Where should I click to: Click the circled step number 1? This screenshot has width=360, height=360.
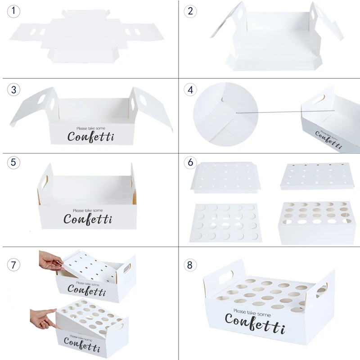pos(13,11)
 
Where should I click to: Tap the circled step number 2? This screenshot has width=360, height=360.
pos(190,11)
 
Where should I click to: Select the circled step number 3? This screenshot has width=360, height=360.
pos(13,90)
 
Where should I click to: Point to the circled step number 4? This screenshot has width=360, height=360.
pos(190,90)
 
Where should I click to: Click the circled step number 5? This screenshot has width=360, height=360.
pos(13,162)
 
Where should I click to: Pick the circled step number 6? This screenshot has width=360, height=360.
pos(190,162)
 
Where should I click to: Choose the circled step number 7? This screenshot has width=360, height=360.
pos(13,265)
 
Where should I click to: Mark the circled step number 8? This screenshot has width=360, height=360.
pos(190,265)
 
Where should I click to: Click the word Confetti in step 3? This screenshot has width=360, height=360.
pos(91,137)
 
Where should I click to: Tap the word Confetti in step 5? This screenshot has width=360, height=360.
pos(88,219)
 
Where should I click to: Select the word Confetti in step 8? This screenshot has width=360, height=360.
pos(255,323)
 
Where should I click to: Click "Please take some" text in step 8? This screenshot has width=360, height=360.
pos(252,313)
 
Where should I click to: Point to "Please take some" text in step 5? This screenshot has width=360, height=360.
pos(88,210)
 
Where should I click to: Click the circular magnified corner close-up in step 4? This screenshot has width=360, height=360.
pos(226,115)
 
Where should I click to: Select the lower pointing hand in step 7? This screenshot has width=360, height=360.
pos(44,319)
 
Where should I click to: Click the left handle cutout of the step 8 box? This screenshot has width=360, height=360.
pos(226,277)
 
